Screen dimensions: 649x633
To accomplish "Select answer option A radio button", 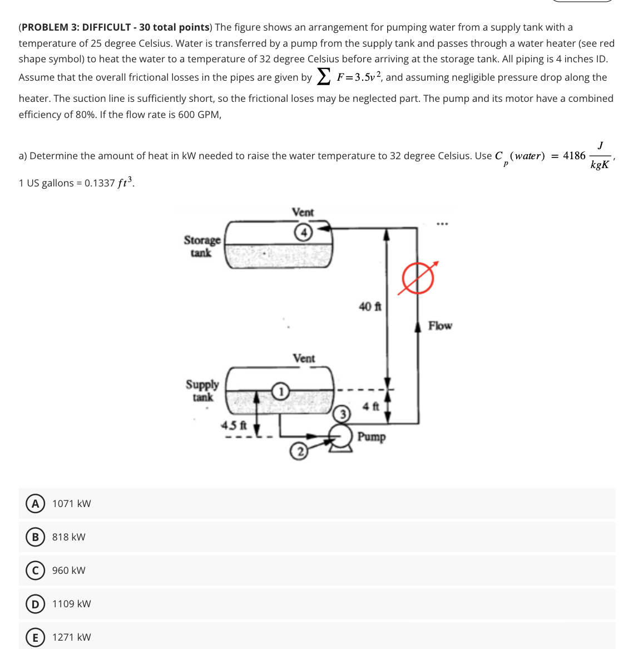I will pyautogui.click(x=35, y=504).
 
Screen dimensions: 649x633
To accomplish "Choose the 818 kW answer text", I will pyautogui.click(x=68, y=537).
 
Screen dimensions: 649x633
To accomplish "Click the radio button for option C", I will pyautogui.click(x=35, y=571).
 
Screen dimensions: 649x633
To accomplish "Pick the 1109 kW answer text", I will pyautogui.click(x=71, y=604).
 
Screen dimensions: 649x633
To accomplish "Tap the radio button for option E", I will pyautogui.click(x=35, y=637).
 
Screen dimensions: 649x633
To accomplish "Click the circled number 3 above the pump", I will pyautogui.click(x=343, y=415).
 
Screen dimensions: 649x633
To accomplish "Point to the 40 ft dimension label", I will pyautogui.click(x=370, y=307).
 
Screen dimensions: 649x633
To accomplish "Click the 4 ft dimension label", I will pyautogui.click(x=371, y=407).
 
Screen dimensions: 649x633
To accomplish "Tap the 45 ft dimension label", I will pyautogui.click(x=234, y=426).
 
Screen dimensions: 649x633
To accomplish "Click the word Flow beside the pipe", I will pyautogui.click(x=440, y=326).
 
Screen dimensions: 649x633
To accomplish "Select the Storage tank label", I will pyautogui.click(x=202, y=246).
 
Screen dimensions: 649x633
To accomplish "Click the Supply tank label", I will pyautogui.click(x=202, y=391).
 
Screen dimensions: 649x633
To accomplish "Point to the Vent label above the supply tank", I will pyautogui.click(x=304, y=358).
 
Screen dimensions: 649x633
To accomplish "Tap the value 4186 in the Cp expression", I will pyautogui.click(x=574, y=156).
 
